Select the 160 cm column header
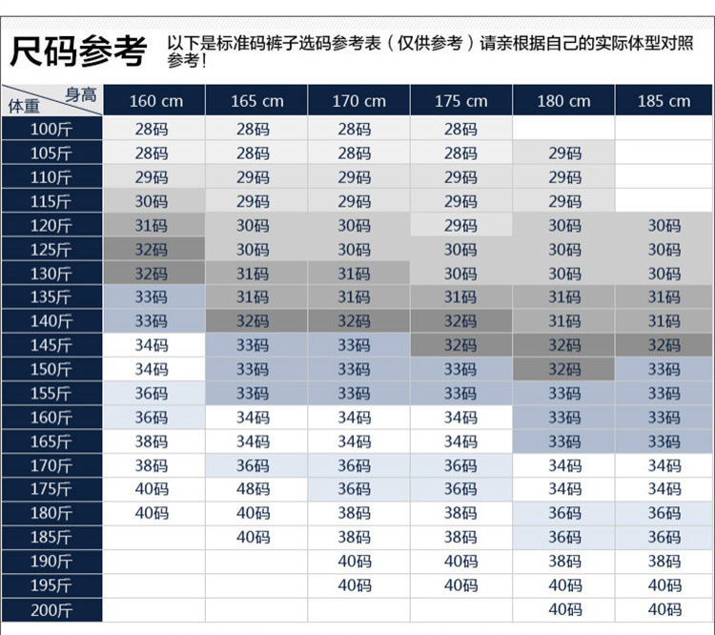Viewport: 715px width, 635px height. (x=155, y=101)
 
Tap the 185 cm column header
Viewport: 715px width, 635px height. (x=664, y=101)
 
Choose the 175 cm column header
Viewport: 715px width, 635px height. (x=460, y=101)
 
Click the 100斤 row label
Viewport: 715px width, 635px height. (x=51, y=130)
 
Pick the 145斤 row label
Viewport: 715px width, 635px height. (x=51, y=345)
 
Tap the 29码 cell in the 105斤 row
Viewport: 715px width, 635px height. (x=564, y=154)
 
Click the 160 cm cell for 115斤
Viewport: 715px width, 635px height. (x=152, y=201)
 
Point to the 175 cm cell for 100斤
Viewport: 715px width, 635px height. (x=460, y=130)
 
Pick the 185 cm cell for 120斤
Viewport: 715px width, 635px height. (x=664, y=226)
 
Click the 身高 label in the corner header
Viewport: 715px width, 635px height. (x=81, y=93)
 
